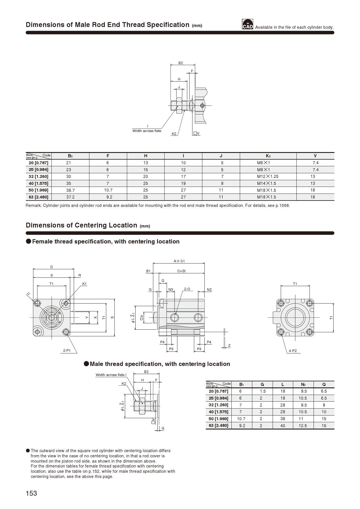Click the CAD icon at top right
247,24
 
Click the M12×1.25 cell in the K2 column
267,176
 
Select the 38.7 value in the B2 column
70,190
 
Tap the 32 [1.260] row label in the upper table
39,176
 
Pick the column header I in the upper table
183,156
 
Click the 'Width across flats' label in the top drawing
147,131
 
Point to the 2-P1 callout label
67,351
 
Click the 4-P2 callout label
293,351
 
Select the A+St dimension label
179,261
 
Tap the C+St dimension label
181,271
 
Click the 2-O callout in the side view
187,289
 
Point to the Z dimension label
229,346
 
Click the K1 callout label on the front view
84,284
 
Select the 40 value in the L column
282,426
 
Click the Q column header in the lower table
324,385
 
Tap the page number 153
31,493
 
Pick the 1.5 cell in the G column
262,391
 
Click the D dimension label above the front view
52,267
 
